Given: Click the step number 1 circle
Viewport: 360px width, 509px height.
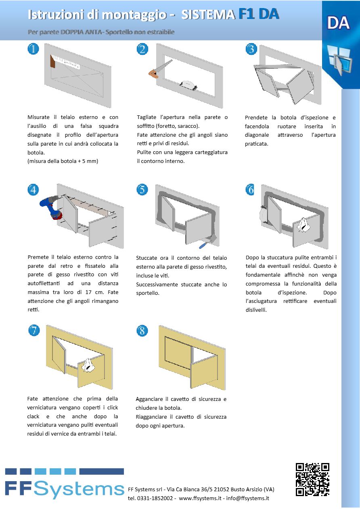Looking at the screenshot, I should tap(33, 50).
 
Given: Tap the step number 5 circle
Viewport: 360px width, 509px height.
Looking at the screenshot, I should tap(142, 190).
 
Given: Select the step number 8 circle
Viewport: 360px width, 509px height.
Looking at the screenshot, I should tap(142, 331).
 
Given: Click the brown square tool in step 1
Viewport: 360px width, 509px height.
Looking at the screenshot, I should tap(52, 63).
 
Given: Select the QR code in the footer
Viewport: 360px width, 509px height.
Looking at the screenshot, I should tap(312, 479).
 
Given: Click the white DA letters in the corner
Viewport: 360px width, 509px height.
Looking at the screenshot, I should tap(338, 23).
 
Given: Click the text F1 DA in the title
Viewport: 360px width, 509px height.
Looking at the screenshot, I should tap(259, 14).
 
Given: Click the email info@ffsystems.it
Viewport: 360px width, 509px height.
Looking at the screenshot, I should tap(247, 498).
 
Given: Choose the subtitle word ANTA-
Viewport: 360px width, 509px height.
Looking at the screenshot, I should tap(93, 32).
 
